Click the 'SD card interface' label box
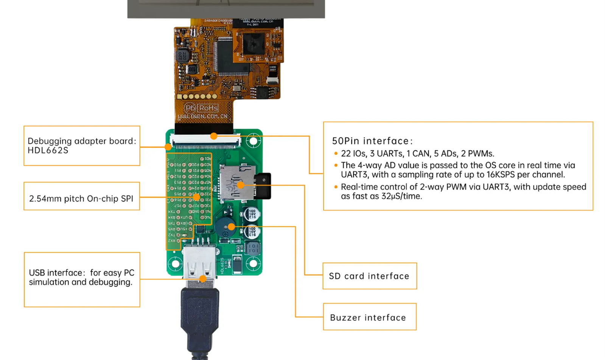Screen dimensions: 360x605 tap(369, 276)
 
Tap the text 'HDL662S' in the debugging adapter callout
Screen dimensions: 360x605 tap(48, 151)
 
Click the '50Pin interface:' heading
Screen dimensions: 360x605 tap(372, 141)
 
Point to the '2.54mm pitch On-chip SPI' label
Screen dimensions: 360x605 tap(81, 199)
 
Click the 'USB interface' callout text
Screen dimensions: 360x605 tap(81, 277)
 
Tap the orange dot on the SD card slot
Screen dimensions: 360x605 tap(241, 185)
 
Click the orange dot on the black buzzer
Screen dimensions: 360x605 tap(231, 227)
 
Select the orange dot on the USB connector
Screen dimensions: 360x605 tap(203, 279)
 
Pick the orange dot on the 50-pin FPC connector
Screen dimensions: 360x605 tap(214, 136)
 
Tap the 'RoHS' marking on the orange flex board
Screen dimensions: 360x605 tap(208, 108)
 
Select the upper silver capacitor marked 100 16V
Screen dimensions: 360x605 tap(252, 214)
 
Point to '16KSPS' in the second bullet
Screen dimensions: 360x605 tap(500, 175)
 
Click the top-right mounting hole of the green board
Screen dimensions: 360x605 tap(253, 141)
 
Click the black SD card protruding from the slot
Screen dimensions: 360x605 tap(264, 186)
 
